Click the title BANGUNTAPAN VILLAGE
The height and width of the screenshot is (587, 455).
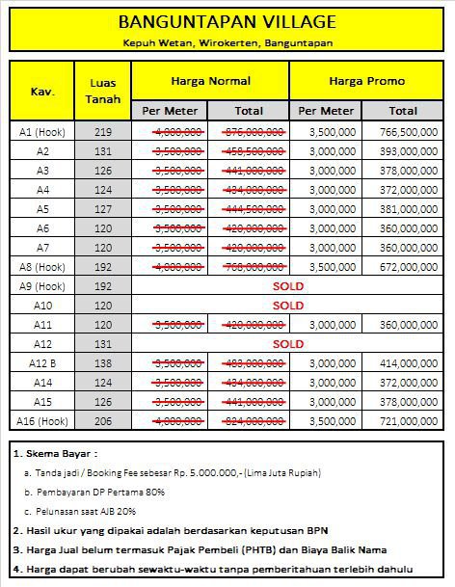click(x=227, y=22)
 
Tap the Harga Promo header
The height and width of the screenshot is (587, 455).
click(x=366, y=82)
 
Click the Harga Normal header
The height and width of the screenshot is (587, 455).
click(x=210, y=82)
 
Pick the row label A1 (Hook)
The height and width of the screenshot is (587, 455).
click(x=42, y=132)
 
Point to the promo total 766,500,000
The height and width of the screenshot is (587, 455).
click(x=407, y=132)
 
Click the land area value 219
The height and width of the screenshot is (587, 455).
click(x=103, y=132)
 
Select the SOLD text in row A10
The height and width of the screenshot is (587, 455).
click(x=288, y=306)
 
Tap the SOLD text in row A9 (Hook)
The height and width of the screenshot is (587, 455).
click(x=288, y=286)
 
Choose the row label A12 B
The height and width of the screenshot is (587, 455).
click(x=42, y=363)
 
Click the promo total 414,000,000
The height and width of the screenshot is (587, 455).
click(x=407, y=363)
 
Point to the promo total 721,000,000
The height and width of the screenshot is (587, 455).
click(x=407, y=421)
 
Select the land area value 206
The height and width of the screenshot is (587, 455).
click(x=103, y=421)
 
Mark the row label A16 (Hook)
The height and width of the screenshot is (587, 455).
click(x=42, y=421)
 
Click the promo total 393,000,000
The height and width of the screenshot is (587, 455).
click(x=407, y=151)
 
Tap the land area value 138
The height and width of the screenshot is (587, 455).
click(x=103, y=363)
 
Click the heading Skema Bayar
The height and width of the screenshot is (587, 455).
click(x=58, y=452)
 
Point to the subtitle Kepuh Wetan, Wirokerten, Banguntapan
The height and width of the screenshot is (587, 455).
click(x=227, y=43)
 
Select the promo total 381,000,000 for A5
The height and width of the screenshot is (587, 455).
click(x=407, y=209)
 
